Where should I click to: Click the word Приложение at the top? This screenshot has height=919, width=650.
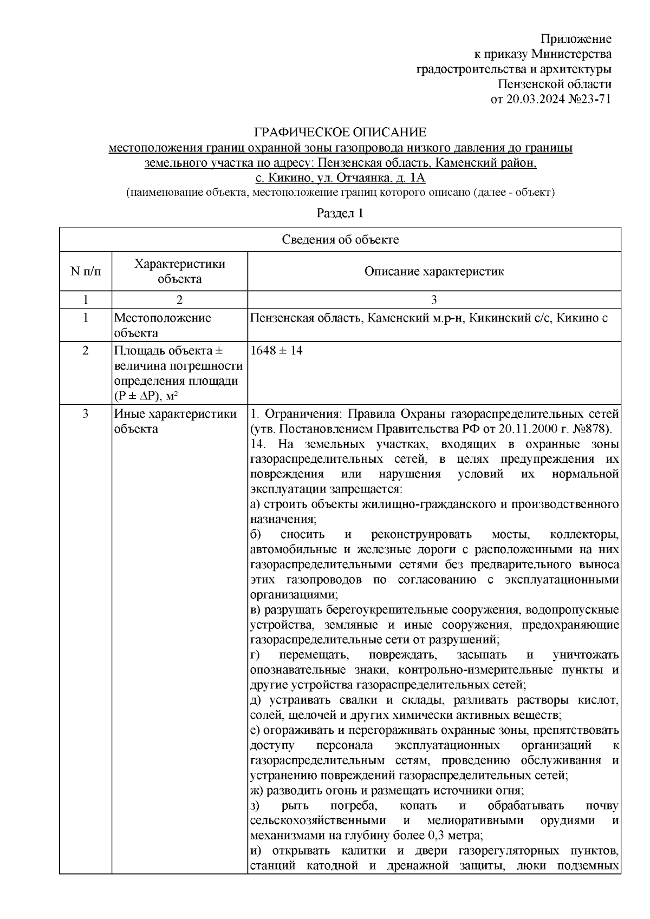click(x=577, y=39)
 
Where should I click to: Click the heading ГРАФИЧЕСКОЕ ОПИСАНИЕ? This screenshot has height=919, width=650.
click(x=340, y=133)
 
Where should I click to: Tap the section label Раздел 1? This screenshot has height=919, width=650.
click(x=340, y=213)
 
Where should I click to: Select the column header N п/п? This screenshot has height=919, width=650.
click(x=86, y=271)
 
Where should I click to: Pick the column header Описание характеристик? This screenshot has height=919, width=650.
click(x=434, y=271)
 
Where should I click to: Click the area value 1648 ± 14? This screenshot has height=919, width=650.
click(x=277, y=351)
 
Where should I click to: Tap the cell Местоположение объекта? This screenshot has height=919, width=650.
click(x=162, y=325)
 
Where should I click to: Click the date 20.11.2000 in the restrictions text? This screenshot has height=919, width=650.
click(x=513, y=429)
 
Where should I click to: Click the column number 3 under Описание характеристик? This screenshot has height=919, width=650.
click(x=434, y=300)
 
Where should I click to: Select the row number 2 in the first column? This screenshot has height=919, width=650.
click(x=86, y=351)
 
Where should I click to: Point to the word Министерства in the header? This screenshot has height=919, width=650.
click(x=571, y=54)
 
